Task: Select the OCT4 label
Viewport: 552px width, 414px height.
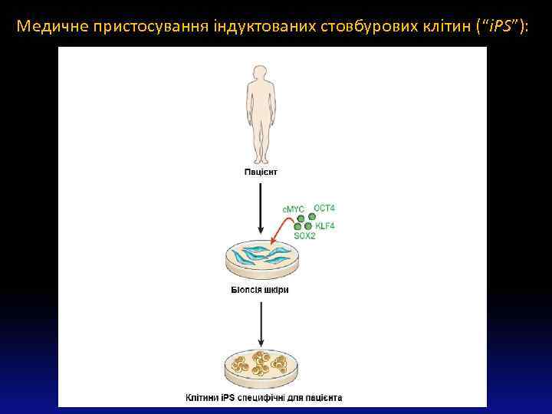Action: click(x=324, y=208)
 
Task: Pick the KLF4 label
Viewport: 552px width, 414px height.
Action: click(x=325, y=225)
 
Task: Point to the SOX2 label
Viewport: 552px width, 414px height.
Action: click(x=304, y=236)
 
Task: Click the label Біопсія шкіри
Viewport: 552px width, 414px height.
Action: click(x=261, y=290)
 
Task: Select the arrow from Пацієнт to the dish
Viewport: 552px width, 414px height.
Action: click(x=261, y=207)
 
